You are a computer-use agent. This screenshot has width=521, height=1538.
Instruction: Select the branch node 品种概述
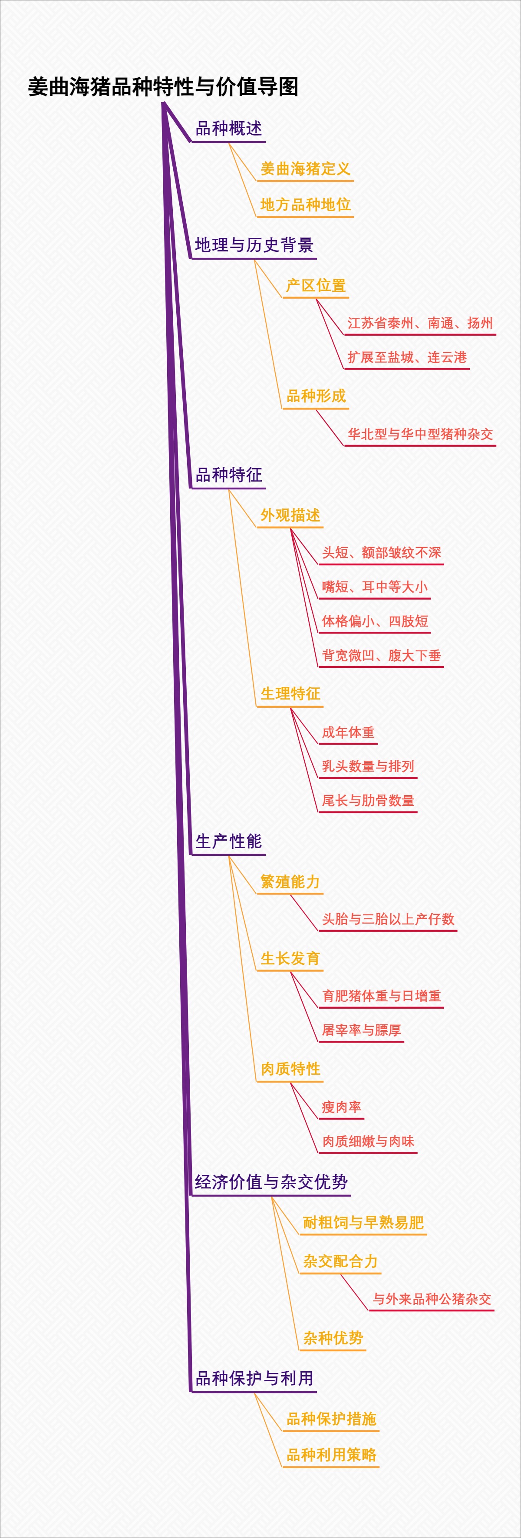(228, 129)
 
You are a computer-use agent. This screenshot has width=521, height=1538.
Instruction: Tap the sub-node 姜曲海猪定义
(305, 169)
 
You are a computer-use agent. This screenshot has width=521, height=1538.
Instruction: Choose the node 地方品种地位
(305, 205)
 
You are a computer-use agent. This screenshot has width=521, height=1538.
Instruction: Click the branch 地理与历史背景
(254, 245)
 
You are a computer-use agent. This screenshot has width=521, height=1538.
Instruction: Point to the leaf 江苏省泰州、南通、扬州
(420, 323)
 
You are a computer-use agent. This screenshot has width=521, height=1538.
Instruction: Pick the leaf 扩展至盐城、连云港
(407, 357)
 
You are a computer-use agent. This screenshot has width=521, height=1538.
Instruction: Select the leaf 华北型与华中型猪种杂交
(420, 434)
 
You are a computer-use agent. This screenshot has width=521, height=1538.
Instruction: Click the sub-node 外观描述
(290, 515)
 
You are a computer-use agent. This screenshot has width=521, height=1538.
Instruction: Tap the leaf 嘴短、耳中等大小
(374, 587)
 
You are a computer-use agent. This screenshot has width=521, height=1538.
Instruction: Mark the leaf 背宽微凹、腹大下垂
(381, 656)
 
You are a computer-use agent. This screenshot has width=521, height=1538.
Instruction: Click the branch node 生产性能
(228, 841)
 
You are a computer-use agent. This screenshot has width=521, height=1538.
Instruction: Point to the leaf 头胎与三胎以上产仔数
(388, 919)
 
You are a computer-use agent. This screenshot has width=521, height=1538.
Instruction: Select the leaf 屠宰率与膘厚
(361, 1030)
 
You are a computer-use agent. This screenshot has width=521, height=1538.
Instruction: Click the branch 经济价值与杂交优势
(271, 1182)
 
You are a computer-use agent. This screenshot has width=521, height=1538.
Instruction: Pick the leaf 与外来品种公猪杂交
(432, 1299)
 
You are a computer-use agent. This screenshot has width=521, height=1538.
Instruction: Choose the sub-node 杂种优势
(333, 1338)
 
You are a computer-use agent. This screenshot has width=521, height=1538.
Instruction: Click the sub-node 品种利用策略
(331, 1455)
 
